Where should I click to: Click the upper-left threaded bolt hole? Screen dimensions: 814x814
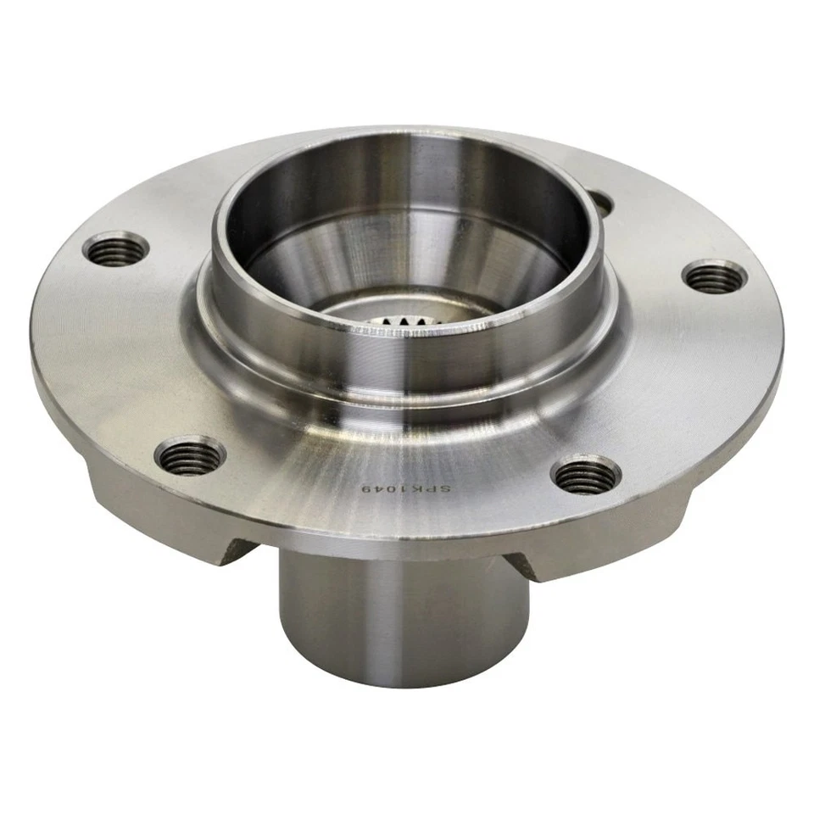pyautogui.click(x=116, y=248)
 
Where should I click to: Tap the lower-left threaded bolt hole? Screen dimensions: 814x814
pyautogui.click(x=191, y=456)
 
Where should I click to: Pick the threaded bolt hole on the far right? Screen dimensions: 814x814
pyautogui.click(x=715, y=276)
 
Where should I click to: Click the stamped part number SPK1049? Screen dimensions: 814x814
pyautogui.click(x=406, y=490)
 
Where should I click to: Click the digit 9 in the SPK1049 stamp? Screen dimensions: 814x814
pyautogui.click(x=367, y=490)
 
